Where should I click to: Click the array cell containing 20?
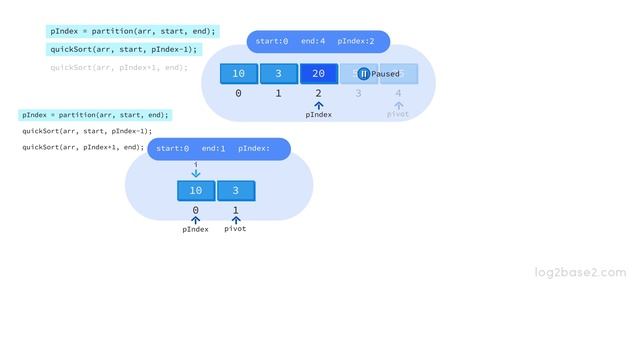pos(318,74)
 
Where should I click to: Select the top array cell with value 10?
pos(238,74)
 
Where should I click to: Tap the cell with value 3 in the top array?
pos(278,74)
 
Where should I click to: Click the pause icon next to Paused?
pos(364,74)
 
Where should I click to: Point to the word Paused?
pos(386,74)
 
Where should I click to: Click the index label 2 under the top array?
pos(318,93)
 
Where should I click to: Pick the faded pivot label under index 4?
pos(398,114)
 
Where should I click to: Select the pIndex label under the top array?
pos(318,114)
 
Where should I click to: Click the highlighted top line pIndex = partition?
pos(132,31)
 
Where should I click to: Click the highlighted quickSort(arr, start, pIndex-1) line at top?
pos(125,49)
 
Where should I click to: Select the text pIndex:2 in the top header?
pos(356,41)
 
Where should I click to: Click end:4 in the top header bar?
pos(313,41)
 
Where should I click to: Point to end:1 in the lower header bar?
pos(213,149)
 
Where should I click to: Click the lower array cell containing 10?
pos(196,191)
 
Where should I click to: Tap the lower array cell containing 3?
pos(236,191)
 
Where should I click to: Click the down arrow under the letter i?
pos(196,173)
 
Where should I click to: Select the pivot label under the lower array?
pos(235,229)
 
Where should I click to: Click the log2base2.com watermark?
pos(580,272)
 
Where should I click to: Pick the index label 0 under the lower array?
pos(196,210)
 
